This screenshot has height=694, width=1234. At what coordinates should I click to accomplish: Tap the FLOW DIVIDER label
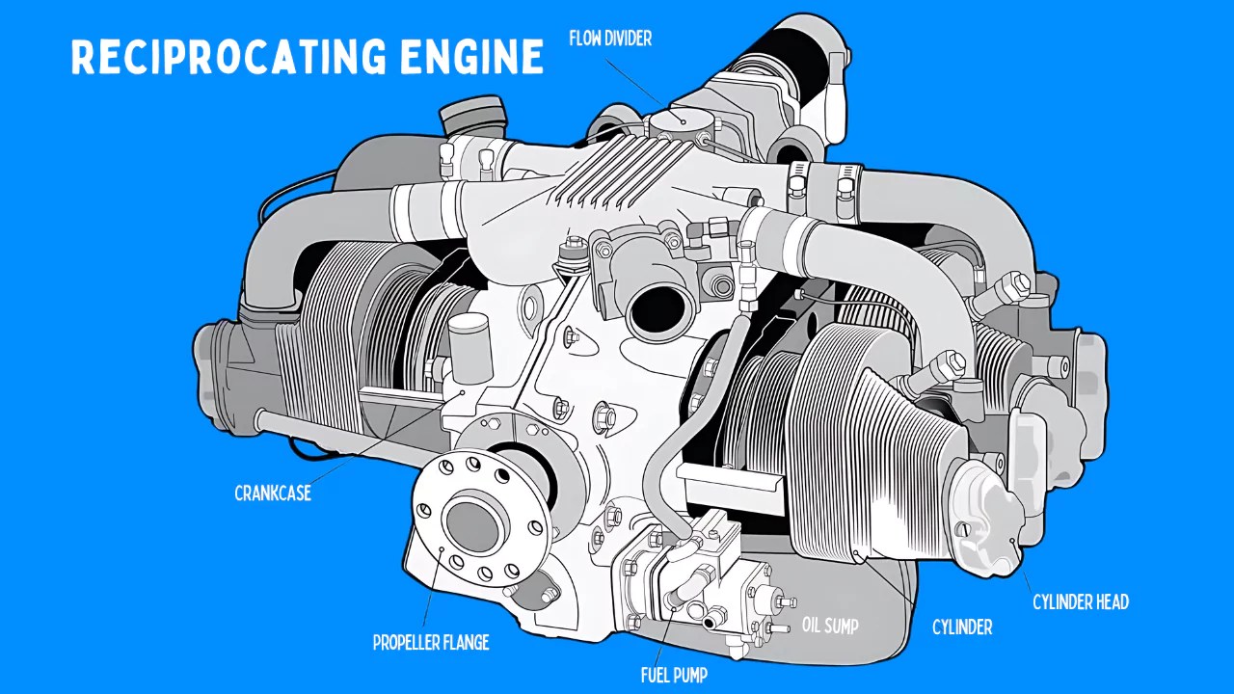610,40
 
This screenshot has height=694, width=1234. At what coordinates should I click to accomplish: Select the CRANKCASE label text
273,494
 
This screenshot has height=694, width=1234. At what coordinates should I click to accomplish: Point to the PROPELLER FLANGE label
431,642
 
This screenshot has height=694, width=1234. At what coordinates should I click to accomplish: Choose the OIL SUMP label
830,626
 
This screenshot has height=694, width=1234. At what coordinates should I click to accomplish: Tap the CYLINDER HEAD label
1080,602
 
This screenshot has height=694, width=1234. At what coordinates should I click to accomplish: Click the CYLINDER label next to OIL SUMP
961,627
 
